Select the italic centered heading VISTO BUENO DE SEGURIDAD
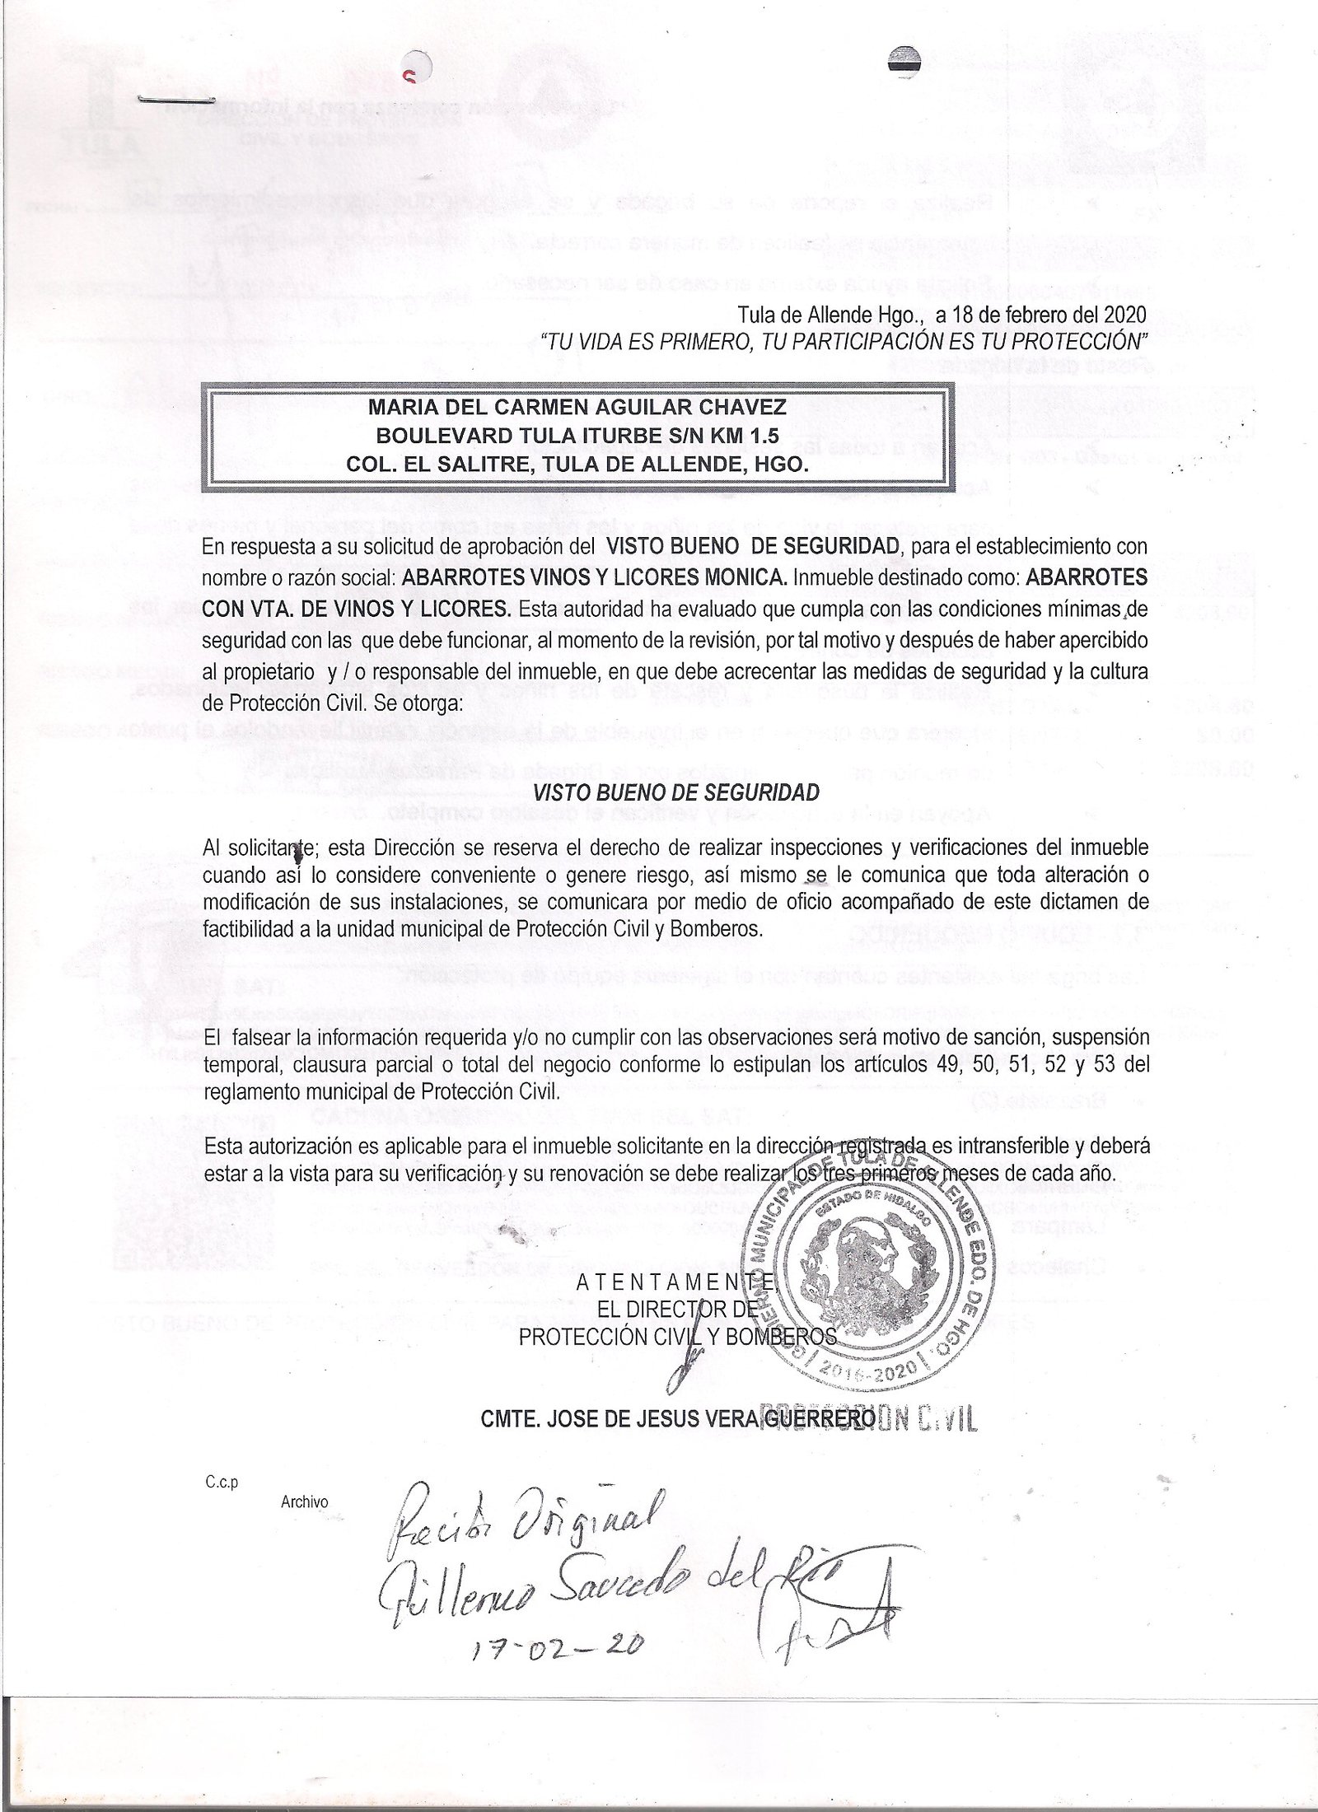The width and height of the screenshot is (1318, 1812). (x=676, y=792)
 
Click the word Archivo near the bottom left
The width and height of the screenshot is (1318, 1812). (x=304, y=1501)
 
